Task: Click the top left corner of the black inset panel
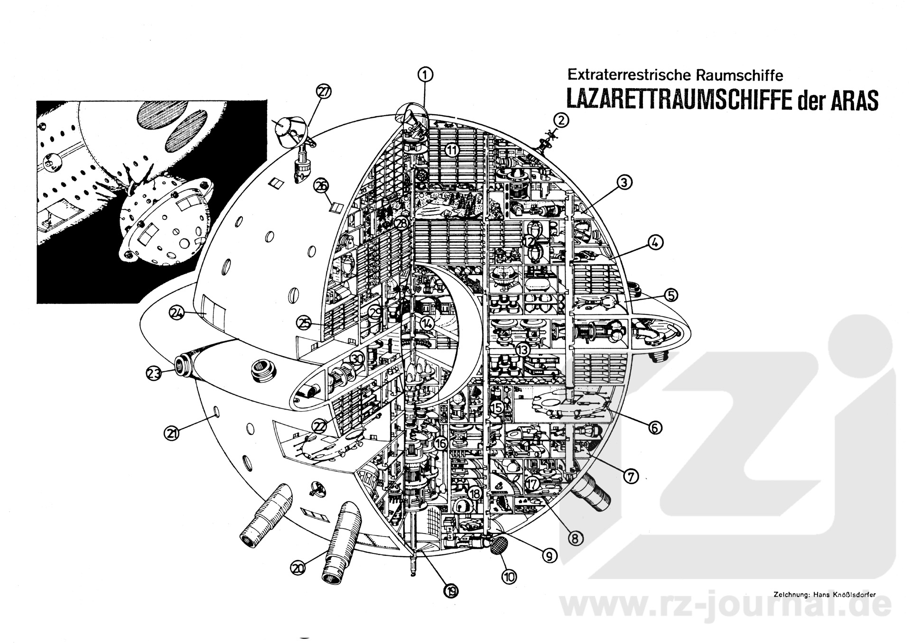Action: pyautogui.click(x=37, y=101)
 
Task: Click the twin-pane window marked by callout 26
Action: pyautogui.click(x=336, y=207)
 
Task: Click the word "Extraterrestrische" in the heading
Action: pyautogui.click(x=630, y=74)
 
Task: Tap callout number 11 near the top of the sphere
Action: pyautogui.click(x=452, y=151)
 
